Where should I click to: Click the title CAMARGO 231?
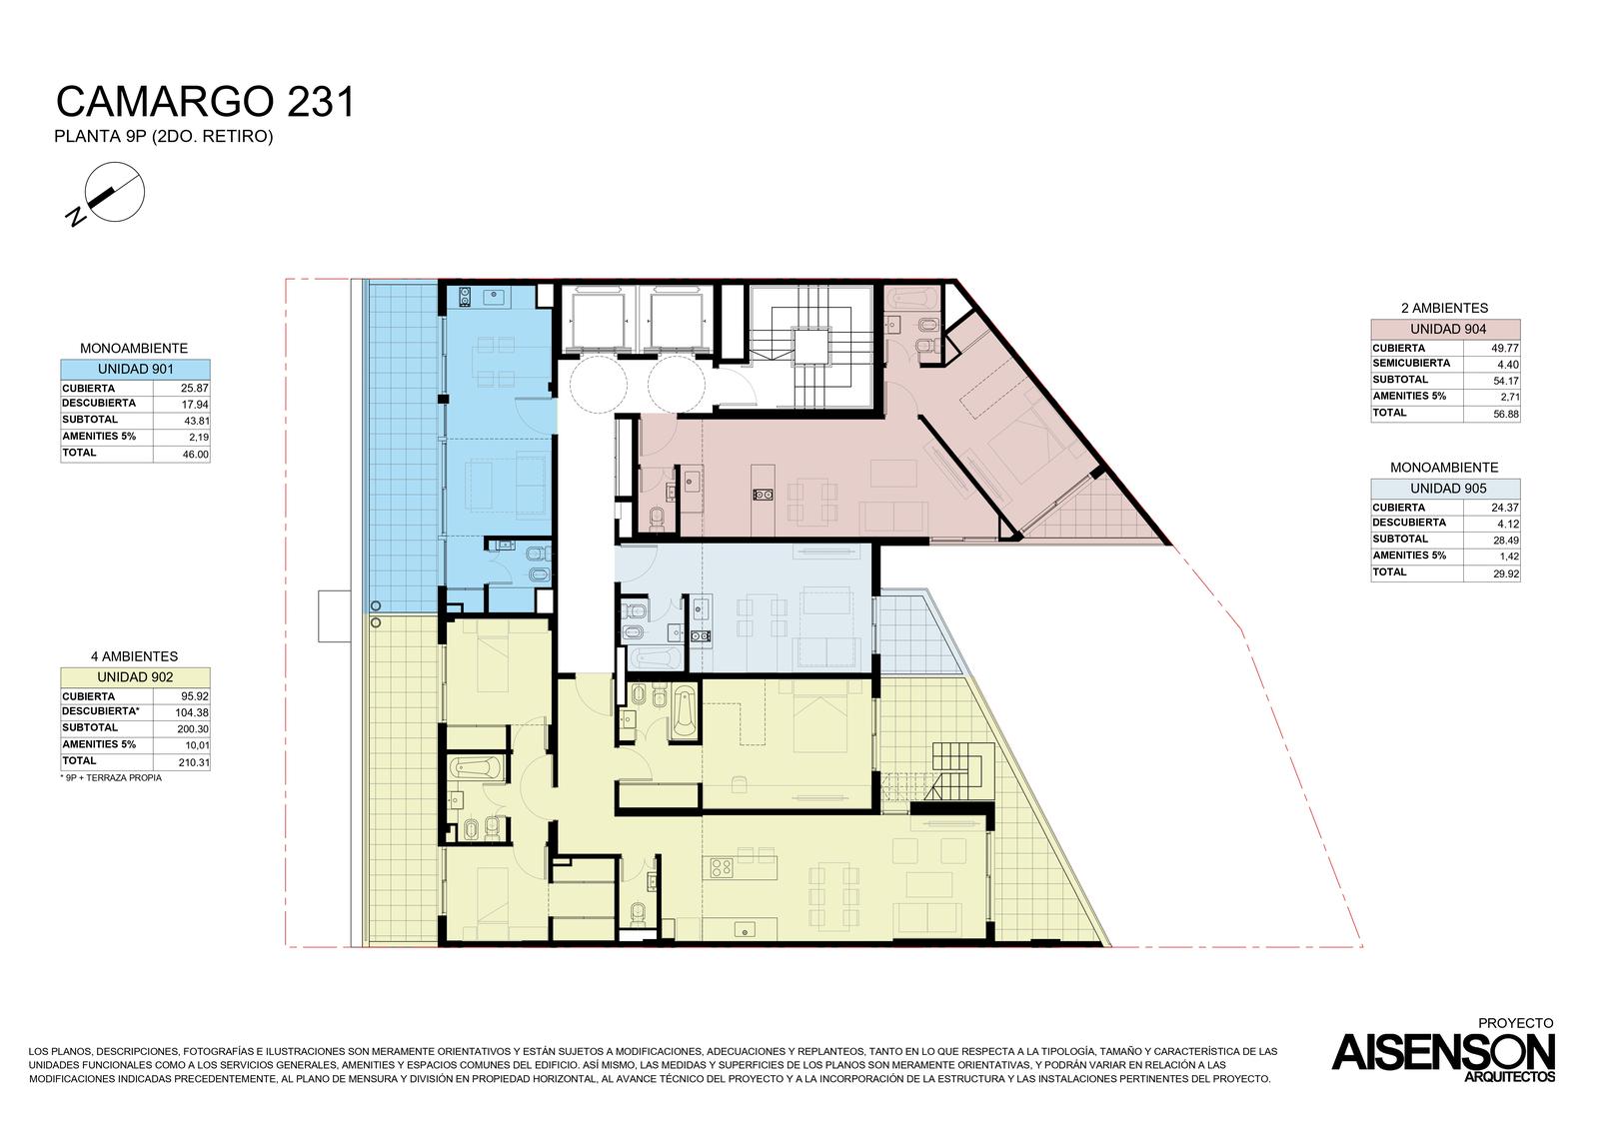tap(205, 101)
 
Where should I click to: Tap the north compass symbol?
tap(109, 194)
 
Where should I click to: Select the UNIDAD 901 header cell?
tap(136, 370)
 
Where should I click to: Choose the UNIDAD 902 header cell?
tap(136, 677)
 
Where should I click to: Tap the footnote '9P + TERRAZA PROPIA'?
tap(111, 778)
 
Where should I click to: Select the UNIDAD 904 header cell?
tap(1445, 330)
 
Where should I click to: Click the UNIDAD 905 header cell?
tap(1445, 489)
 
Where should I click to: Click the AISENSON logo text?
tap(1443, 1052)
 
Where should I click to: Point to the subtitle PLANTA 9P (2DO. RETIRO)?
tap(164, 136)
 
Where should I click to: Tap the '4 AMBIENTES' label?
tap(134, 656)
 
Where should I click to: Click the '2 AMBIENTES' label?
tap(1445, 309)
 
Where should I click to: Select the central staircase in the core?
tap(810, 347)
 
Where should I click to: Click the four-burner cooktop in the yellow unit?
tap(722, 867)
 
